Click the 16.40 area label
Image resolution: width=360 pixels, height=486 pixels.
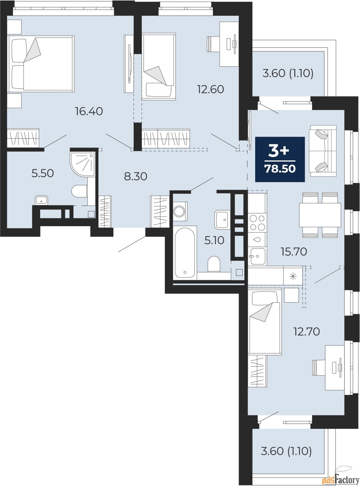point(89,111)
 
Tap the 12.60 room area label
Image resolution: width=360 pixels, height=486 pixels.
point(210,89)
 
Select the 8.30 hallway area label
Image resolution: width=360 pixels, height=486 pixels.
point(136,176)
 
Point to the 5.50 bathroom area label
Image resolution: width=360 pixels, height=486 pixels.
point(43,173)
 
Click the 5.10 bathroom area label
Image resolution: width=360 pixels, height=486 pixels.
point(214,240)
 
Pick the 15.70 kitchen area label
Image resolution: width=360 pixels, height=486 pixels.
point(294,252)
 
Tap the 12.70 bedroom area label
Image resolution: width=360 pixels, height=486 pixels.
point(306,331)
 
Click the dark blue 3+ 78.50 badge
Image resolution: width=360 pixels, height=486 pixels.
point(280,159)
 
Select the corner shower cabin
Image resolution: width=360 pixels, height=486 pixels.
point(83,164)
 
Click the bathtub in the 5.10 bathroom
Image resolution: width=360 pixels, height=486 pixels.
point(185,253)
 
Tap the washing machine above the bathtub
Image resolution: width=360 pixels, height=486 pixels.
point(180,211)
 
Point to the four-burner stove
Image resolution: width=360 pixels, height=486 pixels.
point(257,223)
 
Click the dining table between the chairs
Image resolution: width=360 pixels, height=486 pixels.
point(320,215)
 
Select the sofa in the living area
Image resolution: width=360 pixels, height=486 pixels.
point(323,151)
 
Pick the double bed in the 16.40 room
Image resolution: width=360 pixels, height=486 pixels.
point(40,63)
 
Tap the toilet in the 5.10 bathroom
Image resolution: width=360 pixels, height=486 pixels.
point(214,264)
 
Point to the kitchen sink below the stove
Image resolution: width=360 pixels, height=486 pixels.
point(258,256)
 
